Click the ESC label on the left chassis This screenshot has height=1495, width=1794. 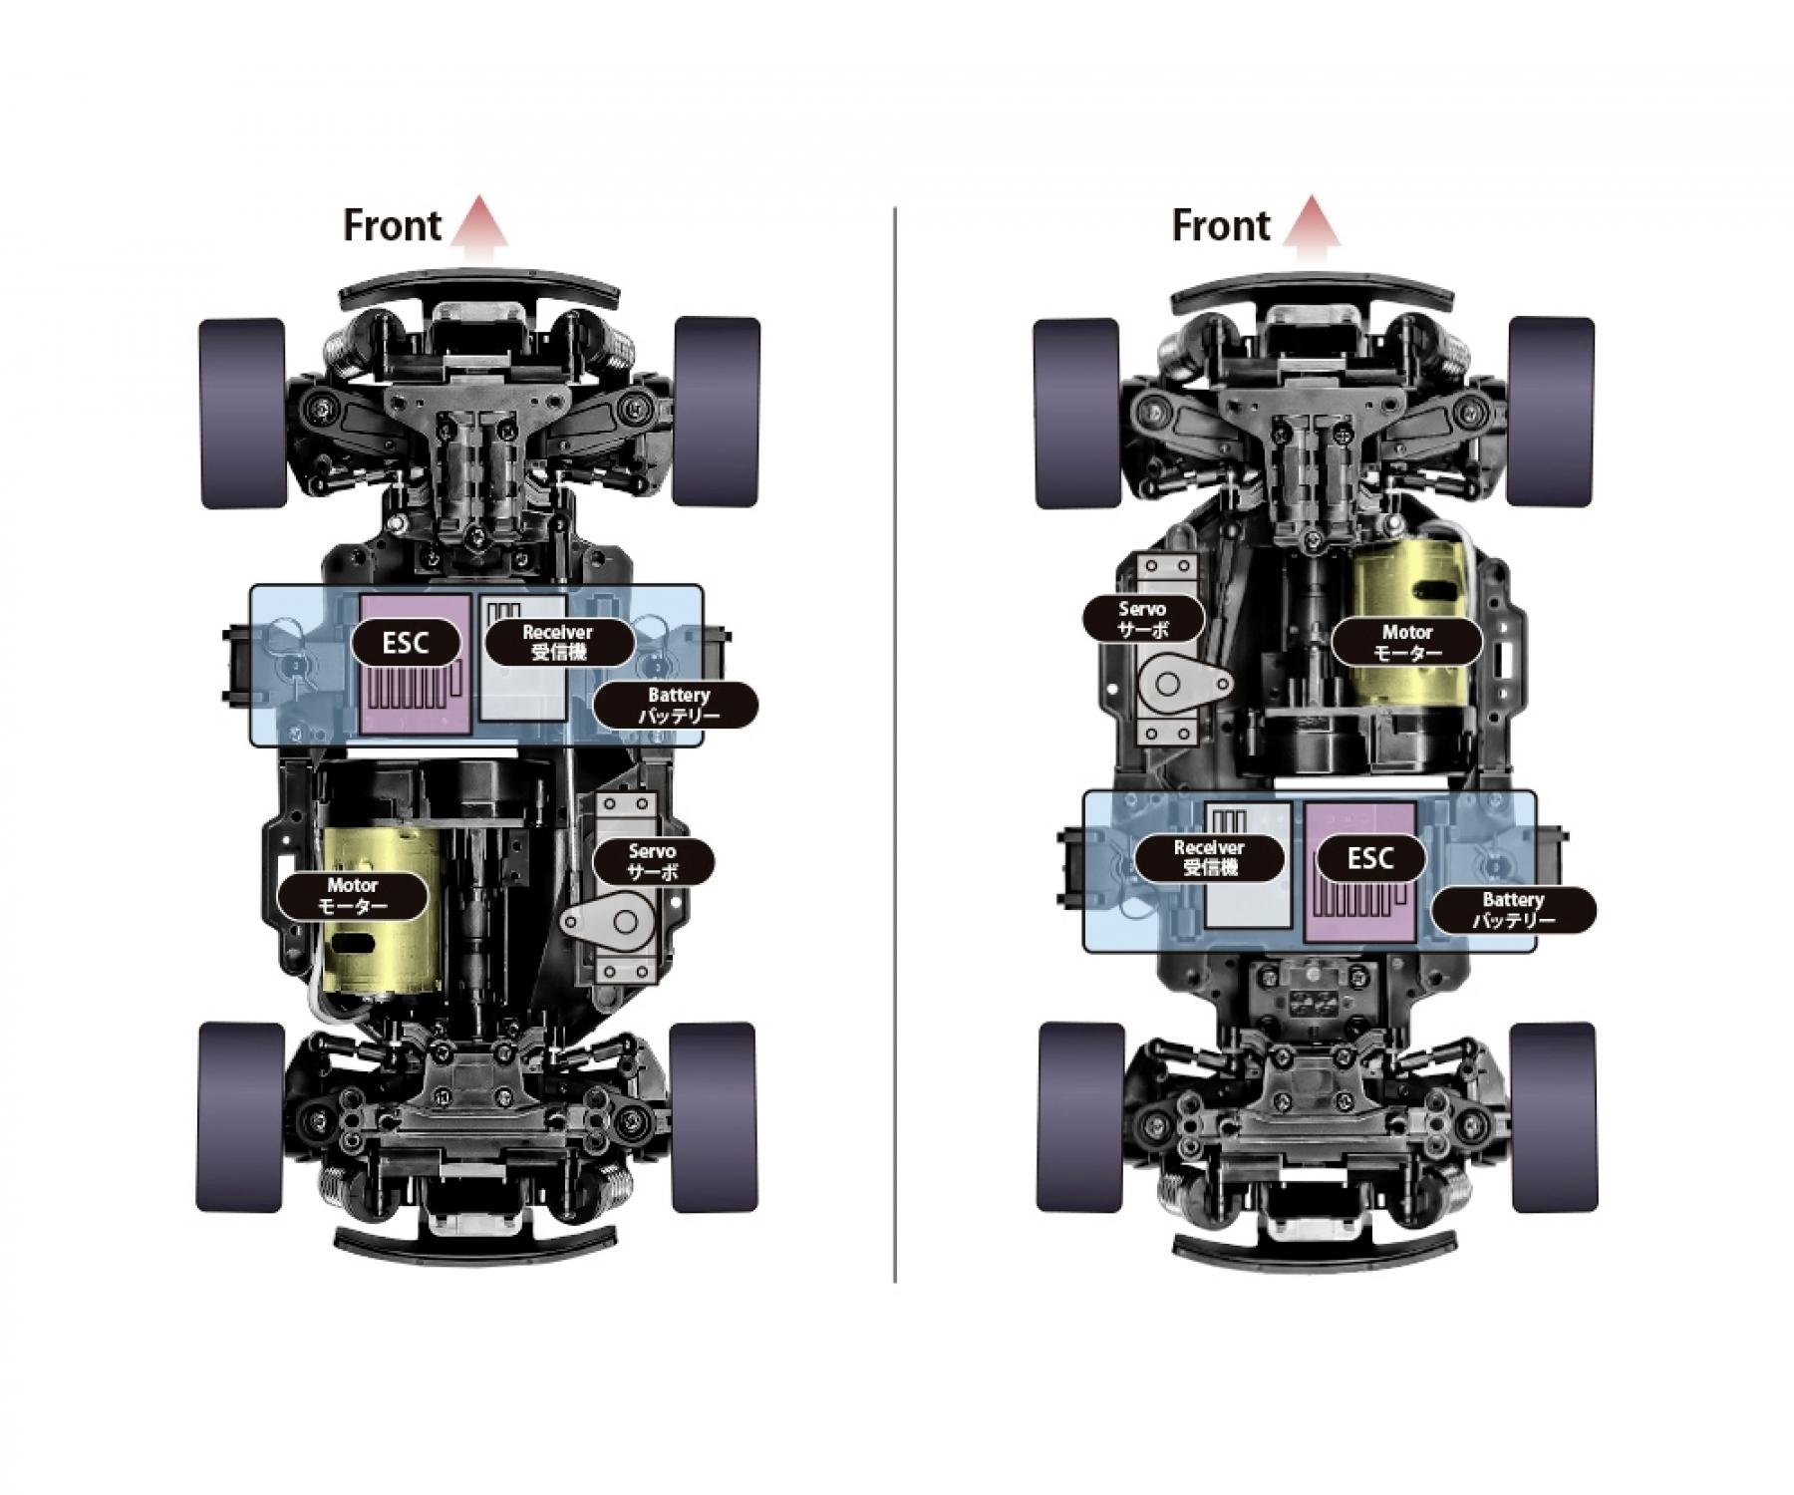[x=407, y=643]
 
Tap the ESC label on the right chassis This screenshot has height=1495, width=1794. [x=1369, y=858]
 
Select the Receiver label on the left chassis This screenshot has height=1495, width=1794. [x=558, y=642]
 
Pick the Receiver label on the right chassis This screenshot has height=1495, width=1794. [x=1210, y=857]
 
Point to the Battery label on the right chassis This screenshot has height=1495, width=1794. [x=1513, y=909]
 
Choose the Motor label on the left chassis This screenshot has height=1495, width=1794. [x=353, y=895]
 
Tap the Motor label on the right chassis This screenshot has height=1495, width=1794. [x=1406, y=642]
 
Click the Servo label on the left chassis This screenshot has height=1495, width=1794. [x=653, y=861]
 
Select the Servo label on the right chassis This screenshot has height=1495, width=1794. [x=1143, y=619]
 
